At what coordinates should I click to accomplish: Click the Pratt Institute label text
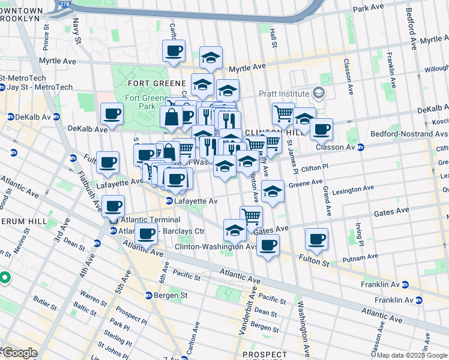(284, 94)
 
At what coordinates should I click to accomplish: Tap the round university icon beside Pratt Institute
(318, 94)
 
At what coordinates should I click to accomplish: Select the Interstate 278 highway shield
(65, 5)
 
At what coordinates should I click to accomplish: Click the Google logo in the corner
(19, 353)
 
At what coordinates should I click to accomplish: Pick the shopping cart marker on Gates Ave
(251, 217)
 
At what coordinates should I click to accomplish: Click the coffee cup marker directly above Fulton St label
(316, 239)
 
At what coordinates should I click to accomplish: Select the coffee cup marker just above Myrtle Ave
(173, 50)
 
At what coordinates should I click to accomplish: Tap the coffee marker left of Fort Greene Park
(112, 113)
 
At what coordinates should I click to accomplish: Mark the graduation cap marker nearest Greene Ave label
(273, 191)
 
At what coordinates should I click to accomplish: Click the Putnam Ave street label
(360, 257)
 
